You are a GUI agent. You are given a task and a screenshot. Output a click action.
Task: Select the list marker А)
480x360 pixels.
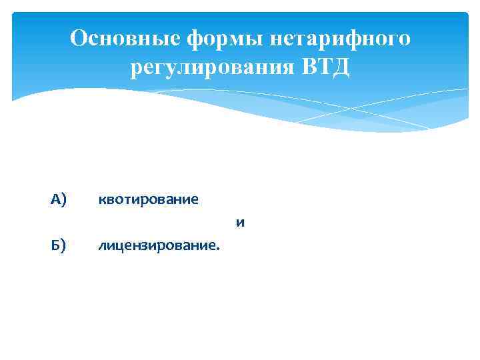(59, 199)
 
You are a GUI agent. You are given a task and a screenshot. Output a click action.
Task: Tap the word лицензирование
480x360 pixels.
(156, 247)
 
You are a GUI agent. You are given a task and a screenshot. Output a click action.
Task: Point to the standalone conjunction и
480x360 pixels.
(240, 223)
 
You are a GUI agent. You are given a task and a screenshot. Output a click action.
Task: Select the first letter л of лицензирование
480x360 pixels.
(101, 247)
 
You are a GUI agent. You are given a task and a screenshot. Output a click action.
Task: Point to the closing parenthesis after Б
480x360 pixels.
(64, 247)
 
